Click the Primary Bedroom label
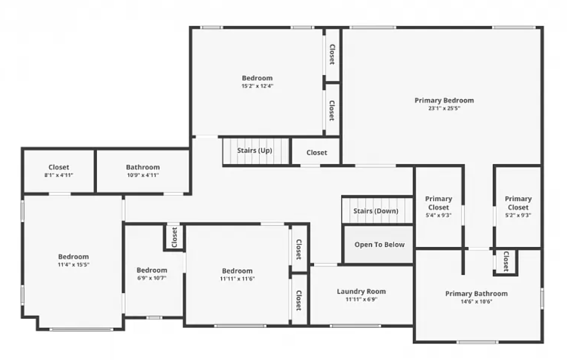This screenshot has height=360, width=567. coord(444,100)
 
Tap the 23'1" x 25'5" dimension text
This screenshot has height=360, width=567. coord(444,108)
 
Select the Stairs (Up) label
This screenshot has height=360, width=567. coord(255,151)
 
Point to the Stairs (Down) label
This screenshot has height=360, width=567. coord(376,211)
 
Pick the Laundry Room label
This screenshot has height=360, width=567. coord(361,291)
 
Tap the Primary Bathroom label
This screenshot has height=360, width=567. coord(476,294)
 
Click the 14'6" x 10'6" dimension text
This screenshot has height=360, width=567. coord(476,302)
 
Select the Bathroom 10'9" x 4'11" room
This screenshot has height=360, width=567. coord(143,171)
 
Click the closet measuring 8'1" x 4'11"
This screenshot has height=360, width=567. coord(59,171)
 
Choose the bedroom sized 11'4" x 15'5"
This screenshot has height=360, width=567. coord(74,261)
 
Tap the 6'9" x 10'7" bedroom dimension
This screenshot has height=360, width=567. coord(152,278)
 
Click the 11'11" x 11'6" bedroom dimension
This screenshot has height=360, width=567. coord(237,279)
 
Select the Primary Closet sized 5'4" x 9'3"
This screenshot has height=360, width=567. coord(439,207)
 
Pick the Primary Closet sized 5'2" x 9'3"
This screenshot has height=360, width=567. coord(518,207)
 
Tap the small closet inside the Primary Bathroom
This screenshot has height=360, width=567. coord(506,261)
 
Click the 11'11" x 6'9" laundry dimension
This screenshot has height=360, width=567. coord(361,299)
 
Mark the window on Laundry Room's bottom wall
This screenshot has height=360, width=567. coord(355,326)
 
